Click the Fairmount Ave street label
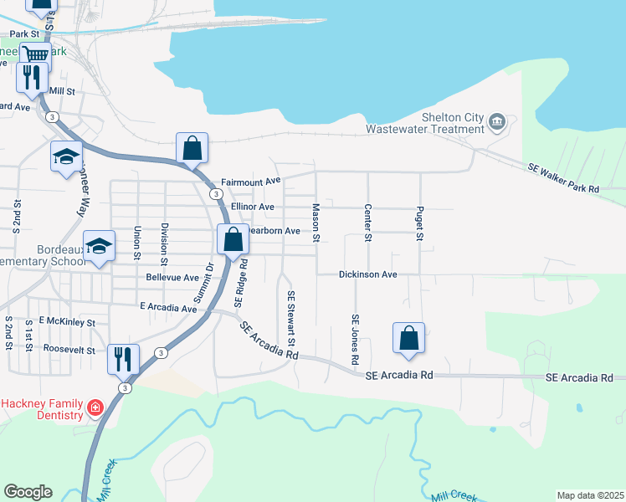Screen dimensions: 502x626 [x=250, y=182]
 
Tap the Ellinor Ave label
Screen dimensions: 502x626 [x=253, y=206]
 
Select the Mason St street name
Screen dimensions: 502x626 [x=316, y=223]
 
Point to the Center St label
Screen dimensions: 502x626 [x=367, y=223]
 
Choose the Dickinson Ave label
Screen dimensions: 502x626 [x=367, y=274]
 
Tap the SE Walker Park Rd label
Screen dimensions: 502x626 [x=563, y=179]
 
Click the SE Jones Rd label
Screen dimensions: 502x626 [x=355, y=339]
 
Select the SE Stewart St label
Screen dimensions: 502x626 [x=291, y=319]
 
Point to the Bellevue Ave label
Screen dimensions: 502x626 [x=172, y=277]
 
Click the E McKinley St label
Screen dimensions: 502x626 [x=61, y=322]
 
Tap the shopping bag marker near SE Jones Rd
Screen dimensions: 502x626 [x=408, y=339]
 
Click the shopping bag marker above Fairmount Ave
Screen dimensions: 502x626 [x=192, y=148]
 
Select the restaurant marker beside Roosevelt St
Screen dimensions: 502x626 [x=123, y=358]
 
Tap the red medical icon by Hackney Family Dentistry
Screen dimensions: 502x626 [x=95, y=408]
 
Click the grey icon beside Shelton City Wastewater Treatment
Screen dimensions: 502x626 [x=496, y=122]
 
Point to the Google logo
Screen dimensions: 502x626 [x=28, y=492]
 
